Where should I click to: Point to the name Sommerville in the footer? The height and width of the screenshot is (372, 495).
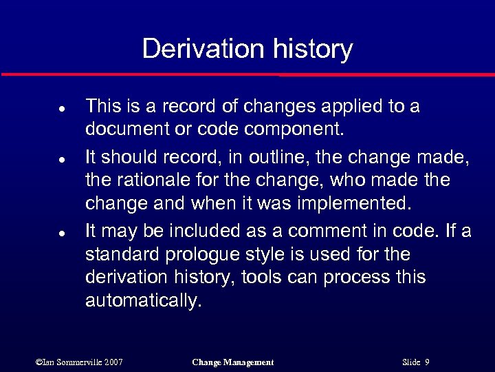click(x=77, y=362)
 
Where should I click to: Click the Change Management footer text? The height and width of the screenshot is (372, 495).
click(x=232, y=362)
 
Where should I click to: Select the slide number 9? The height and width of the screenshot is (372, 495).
click(x=427, y=362)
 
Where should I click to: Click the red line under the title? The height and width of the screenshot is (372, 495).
click(x=247, y=74)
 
